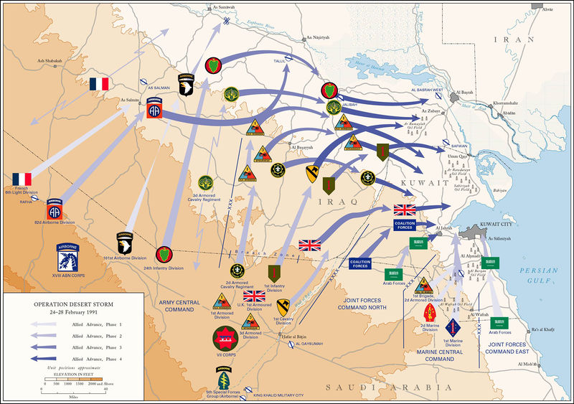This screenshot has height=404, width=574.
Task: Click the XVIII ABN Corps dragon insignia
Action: (73, 255)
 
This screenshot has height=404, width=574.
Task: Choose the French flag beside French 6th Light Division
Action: (22, 179)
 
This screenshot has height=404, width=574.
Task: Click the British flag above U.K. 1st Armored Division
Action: (254, 296)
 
